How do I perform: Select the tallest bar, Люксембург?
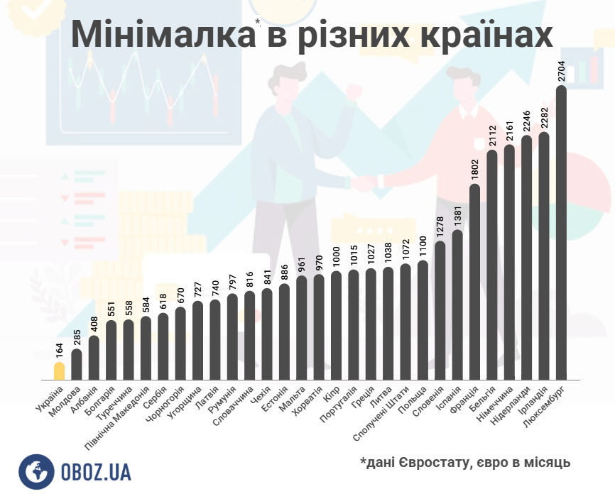coord(561,234)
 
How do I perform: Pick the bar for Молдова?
coord(77,364)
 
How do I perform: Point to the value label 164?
coord(59,350)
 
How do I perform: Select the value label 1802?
coord(475,171)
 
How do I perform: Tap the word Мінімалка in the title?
coord(162,35)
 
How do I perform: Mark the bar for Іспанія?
coord(457,304)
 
